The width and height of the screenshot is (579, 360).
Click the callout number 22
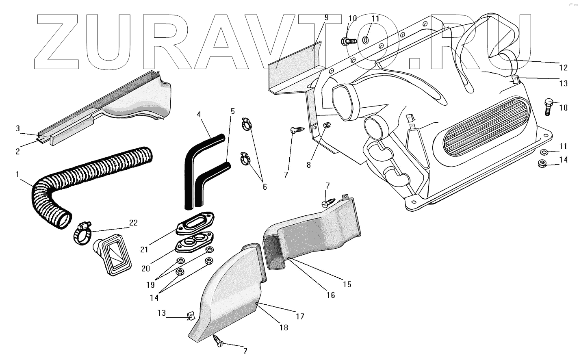click(133, 223)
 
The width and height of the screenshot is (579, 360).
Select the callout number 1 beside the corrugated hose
click(17, 174)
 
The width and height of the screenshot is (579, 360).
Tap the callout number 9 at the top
click(326, 17)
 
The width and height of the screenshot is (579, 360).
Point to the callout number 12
click(563, 67)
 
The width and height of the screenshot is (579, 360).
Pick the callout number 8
click(309, 165)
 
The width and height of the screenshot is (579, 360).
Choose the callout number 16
click(331, 295)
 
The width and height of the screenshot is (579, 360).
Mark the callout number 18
click(284, 327)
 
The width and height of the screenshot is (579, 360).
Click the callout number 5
click(233, 111)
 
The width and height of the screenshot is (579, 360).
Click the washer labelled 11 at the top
click(365, 40)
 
